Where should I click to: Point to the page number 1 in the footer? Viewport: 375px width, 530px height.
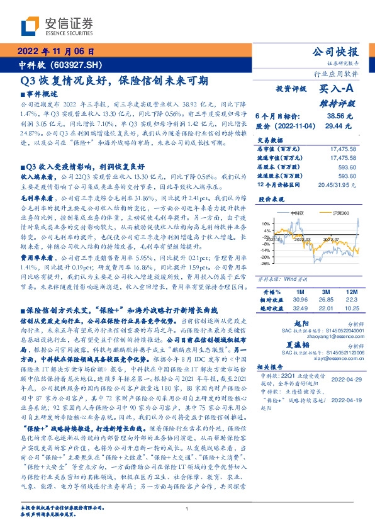187,509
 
